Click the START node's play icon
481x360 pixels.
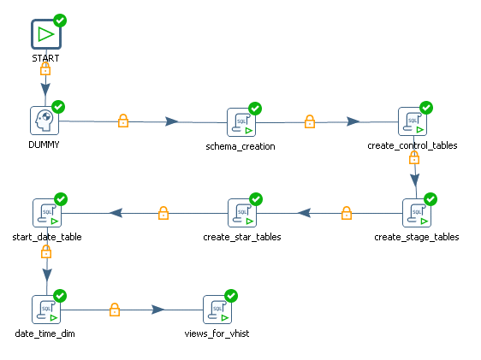point(46,34)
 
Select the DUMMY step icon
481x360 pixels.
point(45,121)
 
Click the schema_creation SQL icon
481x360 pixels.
point(240,122)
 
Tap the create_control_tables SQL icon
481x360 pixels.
point(412,121)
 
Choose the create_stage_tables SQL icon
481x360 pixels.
point(417,212)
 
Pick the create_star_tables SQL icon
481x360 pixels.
point(242,212)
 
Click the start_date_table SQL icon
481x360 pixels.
point(46,212)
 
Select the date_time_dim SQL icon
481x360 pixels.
point(46,310)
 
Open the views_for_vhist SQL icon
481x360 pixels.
point(217,310)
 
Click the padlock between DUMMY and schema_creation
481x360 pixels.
point(122,121)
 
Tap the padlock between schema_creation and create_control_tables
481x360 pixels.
point(310,121)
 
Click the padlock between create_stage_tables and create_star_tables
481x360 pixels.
point(347,213)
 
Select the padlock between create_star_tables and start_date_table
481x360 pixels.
point(163,213)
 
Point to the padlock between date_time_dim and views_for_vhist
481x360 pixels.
point(115,310)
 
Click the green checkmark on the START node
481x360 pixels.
point(60,20)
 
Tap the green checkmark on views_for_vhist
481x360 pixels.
point(231,296)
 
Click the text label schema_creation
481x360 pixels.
point(240,145)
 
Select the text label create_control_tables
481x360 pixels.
point(412,145)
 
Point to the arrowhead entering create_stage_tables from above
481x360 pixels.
point(415,180)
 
